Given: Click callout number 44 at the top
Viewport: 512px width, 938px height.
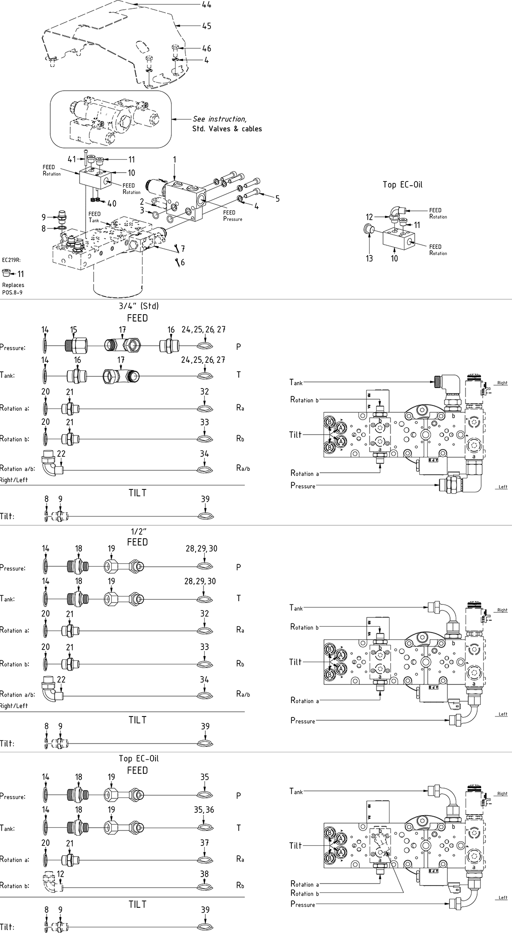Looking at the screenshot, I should click(x=206, y=5).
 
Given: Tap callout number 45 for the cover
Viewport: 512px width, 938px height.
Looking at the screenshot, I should click(x=206, y=26).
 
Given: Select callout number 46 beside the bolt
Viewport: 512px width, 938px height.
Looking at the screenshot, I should click(x=206, y=48).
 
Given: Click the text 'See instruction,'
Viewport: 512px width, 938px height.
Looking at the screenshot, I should click(x=219, y=119).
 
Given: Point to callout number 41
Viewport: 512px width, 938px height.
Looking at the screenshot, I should click(x=72, y=159).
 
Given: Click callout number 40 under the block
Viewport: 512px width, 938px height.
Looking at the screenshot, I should click(x=112, y=203).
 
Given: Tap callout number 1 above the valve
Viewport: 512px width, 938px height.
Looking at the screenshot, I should click(x=175, y=160).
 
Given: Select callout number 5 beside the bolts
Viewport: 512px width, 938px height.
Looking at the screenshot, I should click(x=277, y=199).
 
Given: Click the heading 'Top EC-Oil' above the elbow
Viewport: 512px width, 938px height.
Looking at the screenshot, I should click(x=402, y=185).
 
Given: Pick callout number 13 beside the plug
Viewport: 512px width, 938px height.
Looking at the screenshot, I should click(x=369, y=258).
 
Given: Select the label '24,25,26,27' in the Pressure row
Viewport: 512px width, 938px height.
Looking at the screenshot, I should click(x=203, y=329).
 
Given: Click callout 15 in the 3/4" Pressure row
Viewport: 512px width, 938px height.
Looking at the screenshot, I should click(x=74, y=329).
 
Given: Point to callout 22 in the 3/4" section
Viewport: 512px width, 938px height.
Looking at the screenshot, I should click(x=61, y=454).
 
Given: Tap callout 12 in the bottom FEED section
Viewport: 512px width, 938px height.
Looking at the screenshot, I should click(x=61, y=874).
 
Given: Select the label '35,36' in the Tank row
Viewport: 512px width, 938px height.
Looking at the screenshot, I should click(x=204, y=810).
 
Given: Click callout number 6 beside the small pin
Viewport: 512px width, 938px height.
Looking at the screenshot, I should click(x=182, y=263).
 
